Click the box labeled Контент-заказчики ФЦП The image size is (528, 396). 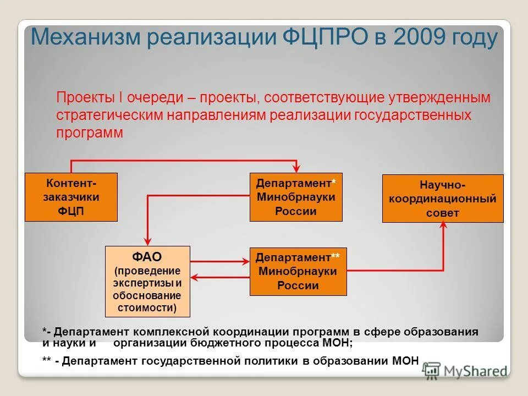71,197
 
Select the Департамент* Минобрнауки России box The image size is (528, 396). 296,197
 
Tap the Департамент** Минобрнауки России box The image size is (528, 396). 298,271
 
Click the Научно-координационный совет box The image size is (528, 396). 442,199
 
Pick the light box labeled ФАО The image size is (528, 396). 147,282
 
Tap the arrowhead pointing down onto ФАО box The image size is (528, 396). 147,241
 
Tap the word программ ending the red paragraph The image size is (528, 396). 90,133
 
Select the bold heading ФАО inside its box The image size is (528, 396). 147,257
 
